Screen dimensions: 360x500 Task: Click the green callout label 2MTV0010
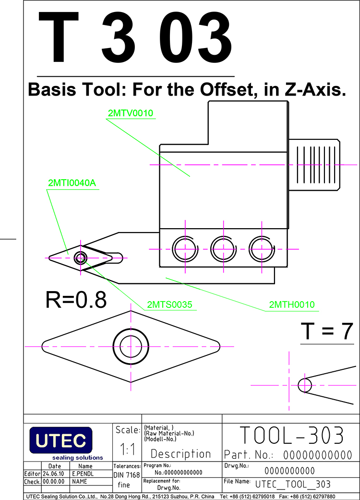130,113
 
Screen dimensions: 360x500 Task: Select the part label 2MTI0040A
72,183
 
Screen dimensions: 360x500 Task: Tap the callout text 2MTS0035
169,305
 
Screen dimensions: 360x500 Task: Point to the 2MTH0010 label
292,305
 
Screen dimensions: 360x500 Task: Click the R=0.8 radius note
76,299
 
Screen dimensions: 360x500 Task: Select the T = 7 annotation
327,331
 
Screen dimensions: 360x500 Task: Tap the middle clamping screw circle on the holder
223,249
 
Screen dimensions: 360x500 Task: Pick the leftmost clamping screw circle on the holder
185,249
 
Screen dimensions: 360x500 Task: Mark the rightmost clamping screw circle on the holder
262,249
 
